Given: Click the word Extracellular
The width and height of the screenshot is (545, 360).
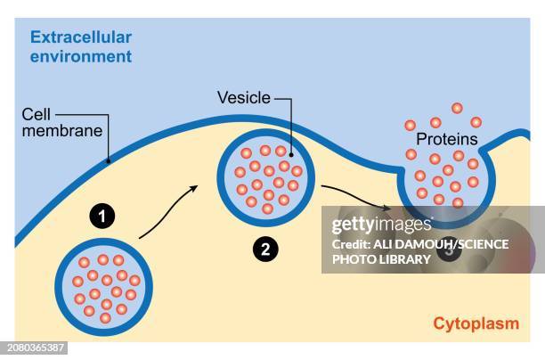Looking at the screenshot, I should coord(81,37).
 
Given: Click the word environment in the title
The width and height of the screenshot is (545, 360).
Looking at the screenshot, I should coord(81,56).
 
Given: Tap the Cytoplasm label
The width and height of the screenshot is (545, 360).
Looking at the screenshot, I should coord(476,323).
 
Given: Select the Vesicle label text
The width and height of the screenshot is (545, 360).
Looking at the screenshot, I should coord(243,97).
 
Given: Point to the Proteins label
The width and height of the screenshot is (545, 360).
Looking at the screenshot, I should coord(446,139).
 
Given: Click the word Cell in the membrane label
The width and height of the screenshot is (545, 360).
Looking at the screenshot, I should coord(37,114).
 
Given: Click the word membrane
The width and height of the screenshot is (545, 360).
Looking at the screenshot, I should coord(53,130).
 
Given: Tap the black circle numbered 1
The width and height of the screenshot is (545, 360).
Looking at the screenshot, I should coord(105,215).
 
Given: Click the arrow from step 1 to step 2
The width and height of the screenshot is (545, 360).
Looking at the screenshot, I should coord(169,212).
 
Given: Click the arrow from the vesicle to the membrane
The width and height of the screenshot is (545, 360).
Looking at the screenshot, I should coord(354,198).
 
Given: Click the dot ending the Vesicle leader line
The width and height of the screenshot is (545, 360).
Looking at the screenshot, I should coord(291,151).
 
